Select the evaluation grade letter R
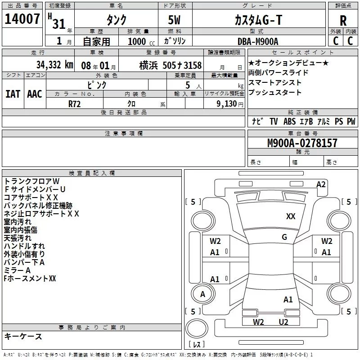tap(343, 21)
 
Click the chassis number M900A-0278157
tap(302, 143)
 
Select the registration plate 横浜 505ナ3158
tap(171, 65)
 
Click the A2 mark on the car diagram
tap(321, 184)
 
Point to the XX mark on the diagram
tap(291, 216)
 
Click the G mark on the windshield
tap(284, 237)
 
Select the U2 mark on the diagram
tap(283, 322)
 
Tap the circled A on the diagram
tap(202, 294)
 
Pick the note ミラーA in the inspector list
tap(17, 270)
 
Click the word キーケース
tap(23, 336)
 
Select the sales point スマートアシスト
tap(275, 83)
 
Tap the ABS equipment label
tap(289, 121)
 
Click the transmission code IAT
tap(13, 94)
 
